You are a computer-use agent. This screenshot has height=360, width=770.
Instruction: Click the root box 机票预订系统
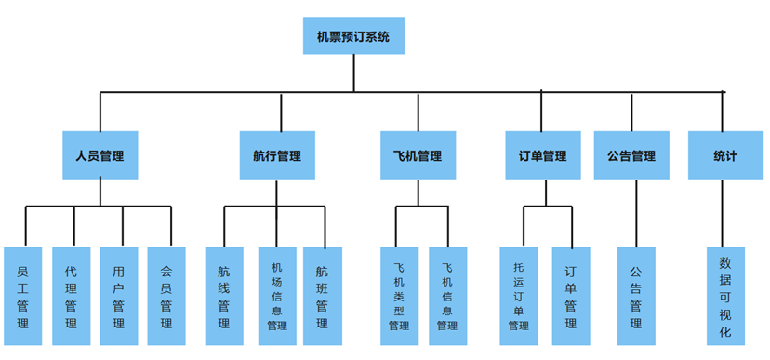(353, 37)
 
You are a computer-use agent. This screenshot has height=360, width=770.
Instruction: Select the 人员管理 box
(100, 155)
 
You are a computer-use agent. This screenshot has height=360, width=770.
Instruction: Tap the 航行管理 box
(277, 155)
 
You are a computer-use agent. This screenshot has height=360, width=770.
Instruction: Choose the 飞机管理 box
(418, 155)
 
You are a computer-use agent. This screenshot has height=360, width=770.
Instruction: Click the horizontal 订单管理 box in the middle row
(542, 155)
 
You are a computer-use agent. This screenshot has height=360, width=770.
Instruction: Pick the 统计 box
(724, 155)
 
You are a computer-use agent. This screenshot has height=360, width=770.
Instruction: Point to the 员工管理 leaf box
(23, 296)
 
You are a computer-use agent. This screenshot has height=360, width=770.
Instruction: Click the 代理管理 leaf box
(72, 296)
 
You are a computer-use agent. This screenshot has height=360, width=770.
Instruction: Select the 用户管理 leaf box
(119, 296)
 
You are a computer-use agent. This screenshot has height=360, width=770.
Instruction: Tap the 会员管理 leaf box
(166, 296)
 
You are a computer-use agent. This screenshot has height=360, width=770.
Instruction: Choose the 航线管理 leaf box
(224, 296)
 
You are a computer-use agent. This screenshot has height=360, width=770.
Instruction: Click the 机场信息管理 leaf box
(276, 296)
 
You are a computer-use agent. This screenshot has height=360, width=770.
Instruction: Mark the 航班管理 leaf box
(322, 296)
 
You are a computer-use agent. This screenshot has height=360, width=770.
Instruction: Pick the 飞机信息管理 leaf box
(447, 296)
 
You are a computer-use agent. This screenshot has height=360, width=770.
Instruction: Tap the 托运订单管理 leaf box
(519, 296)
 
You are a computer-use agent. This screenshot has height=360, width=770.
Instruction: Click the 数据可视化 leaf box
(725, 296)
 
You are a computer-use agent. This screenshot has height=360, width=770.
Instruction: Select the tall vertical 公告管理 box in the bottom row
(636, 296)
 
